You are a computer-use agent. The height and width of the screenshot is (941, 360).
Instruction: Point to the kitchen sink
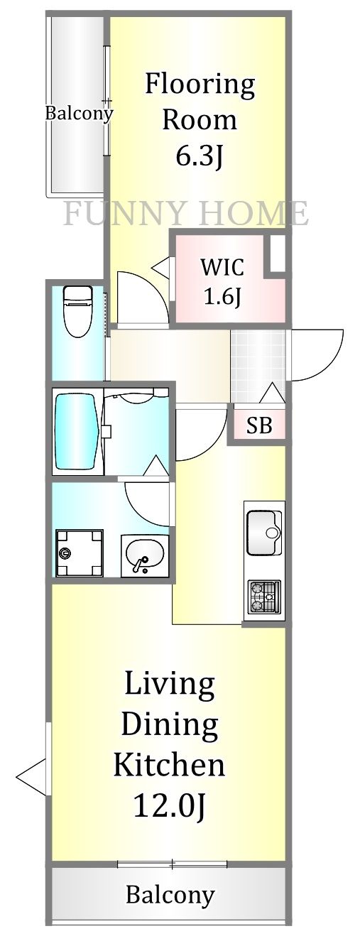click(263, 532)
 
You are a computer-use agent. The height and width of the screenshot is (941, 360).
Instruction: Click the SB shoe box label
click(259, 426)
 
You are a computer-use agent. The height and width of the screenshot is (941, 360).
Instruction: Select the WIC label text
click(222, 268)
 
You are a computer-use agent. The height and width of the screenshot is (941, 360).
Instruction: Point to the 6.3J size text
click(200, 156)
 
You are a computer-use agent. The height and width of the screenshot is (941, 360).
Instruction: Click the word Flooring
click(200, 85)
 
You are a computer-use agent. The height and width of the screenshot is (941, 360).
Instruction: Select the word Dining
click(169, 725)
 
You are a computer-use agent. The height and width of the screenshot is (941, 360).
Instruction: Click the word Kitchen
click(170, 765)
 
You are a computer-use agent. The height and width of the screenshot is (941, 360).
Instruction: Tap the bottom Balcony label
click(170, 895)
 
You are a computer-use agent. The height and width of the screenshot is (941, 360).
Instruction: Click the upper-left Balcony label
click(79, 113)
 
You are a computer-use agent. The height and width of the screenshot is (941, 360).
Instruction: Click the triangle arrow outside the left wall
click(30, 776)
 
